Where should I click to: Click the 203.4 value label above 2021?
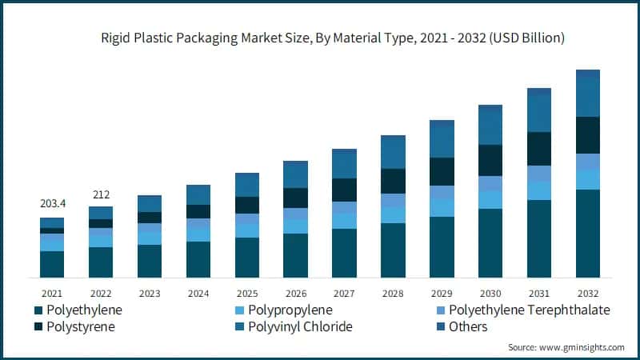coord(52,204)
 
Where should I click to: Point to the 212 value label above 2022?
coord(101,194)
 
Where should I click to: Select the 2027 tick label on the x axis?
coord(344,294)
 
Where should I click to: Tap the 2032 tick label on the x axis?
coord(588,294)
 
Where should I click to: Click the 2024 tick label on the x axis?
coord(198,294)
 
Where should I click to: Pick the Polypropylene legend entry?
coord(289,310)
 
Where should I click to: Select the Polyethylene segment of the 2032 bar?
coord(588,234)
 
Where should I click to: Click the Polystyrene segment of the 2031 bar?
coord(539,149)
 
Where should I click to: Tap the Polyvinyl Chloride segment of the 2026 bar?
coord(296,174)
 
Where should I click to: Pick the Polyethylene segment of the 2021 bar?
coord(52,264)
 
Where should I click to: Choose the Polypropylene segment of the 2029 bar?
coord(442,208)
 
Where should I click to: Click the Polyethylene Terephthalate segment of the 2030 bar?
coord(490,183)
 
